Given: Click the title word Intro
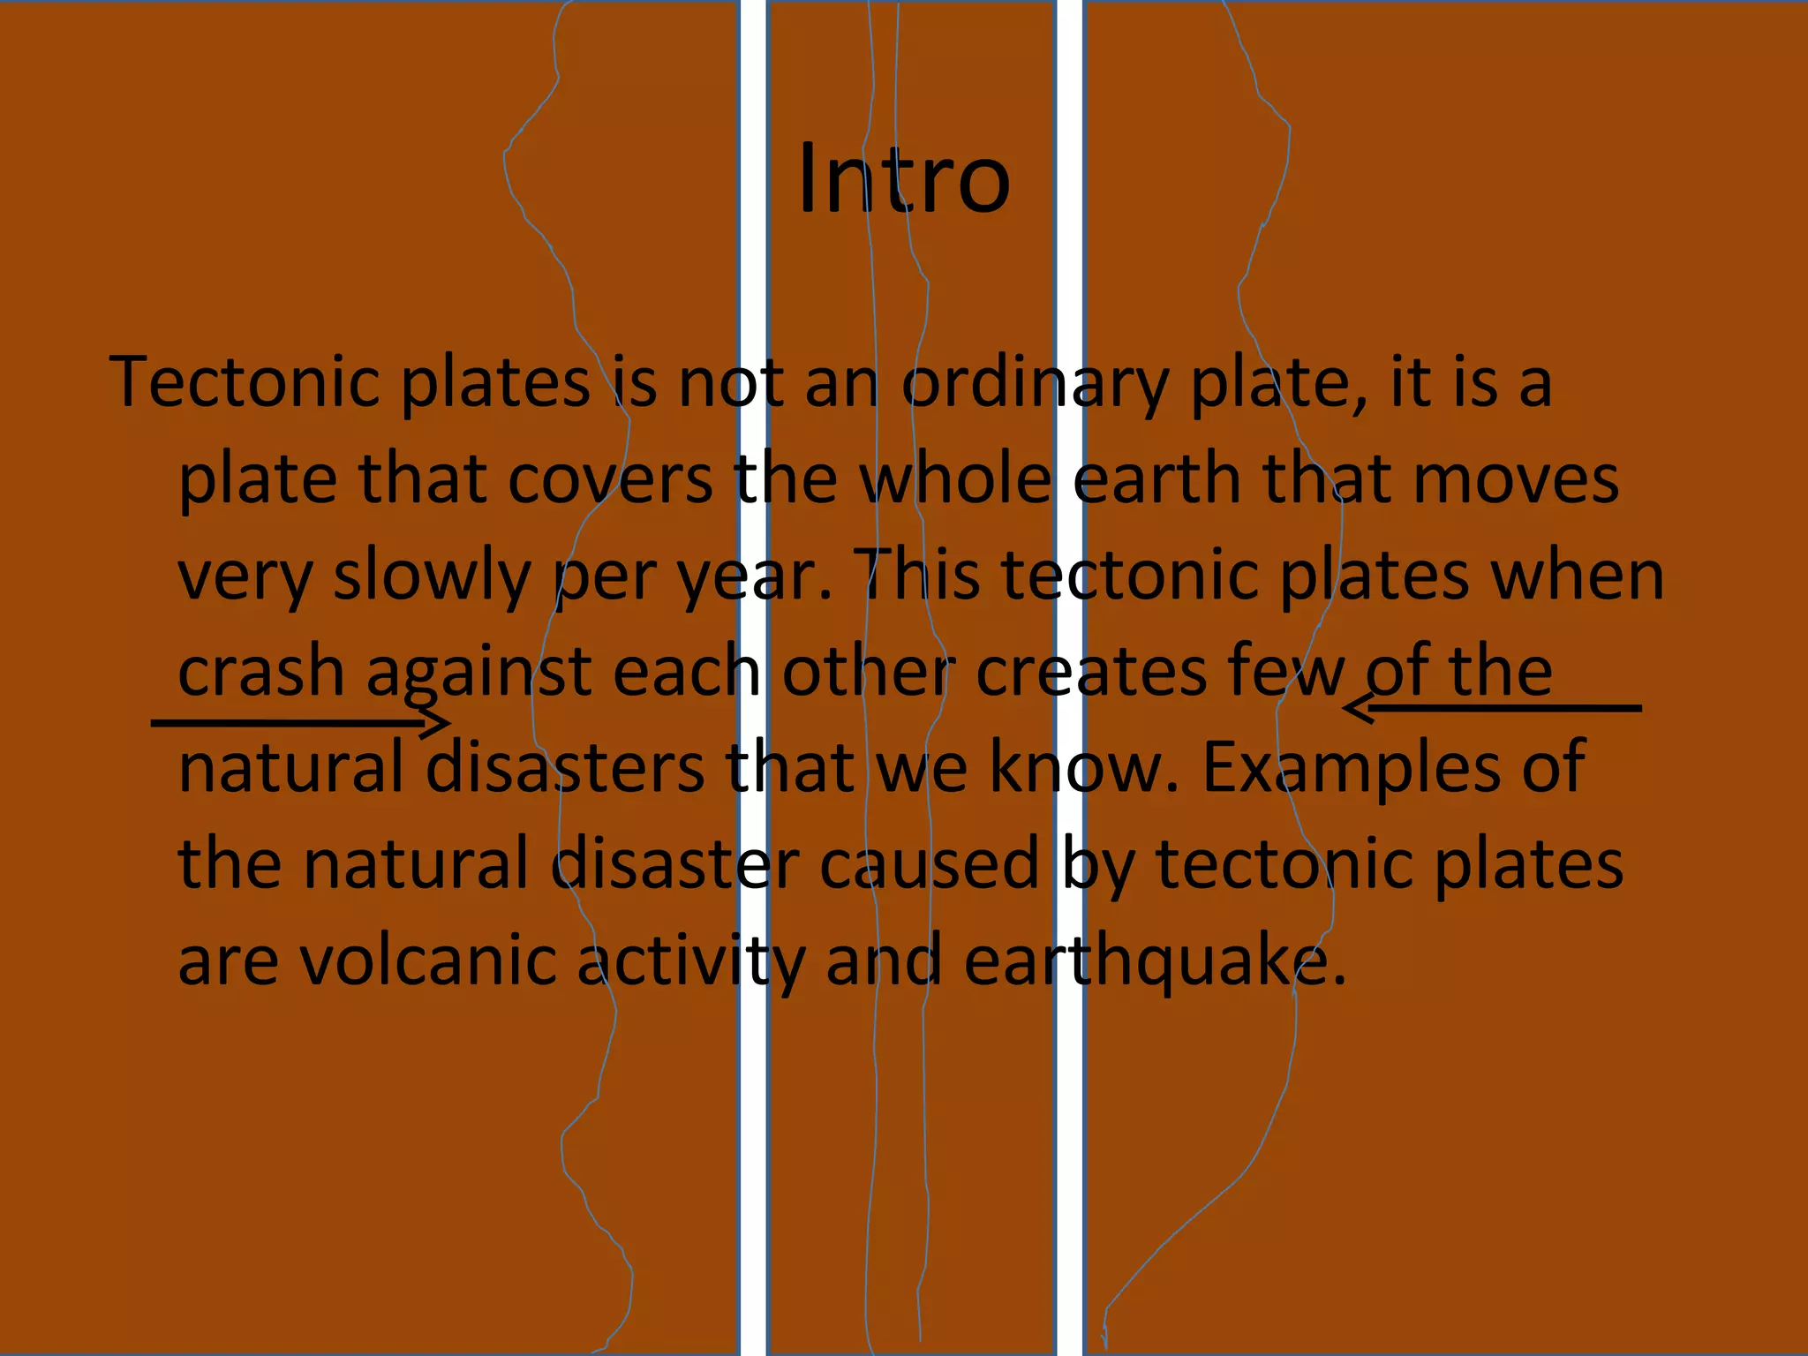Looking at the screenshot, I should point(903,179).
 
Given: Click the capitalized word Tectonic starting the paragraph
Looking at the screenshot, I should point(251,382).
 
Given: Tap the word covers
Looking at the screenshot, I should point(610,479).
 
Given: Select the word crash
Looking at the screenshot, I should point(261,671).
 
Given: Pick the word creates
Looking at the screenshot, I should point(1090,671).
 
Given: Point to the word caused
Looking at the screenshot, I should point(930,863).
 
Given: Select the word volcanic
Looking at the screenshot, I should point(429,960).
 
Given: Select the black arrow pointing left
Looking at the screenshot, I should point(1492,708).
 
